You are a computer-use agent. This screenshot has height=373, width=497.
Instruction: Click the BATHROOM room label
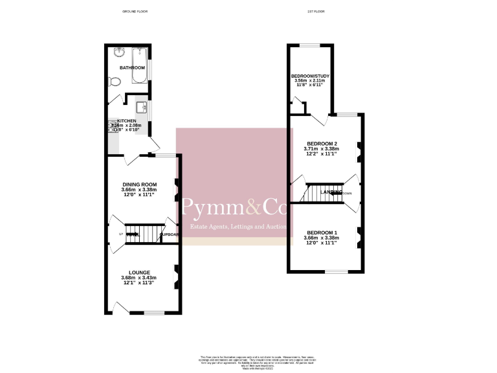131,67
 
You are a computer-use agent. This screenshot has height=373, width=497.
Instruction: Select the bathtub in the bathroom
140,65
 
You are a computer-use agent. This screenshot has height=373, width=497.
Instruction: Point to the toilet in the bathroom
115,82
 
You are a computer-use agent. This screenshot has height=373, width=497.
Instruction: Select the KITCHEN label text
127,121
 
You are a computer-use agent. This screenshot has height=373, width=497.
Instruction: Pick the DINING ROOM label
140,185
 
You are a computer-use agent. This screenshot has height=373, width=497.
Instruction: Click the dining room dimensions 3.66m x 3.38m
140,190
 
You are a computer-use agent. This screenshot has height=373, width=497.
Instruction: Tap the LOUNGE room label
139,272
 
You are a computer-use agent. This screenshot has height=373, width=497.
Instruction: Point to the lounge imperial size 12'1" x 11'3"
139,284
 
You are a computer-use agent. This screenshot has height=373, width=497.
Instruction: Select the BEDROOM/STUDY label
310,76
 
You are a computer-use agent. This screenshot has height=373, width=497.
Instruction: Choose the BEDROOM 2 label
322,143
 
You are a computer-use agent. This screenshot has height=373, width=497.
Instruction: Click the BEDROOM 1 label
322,232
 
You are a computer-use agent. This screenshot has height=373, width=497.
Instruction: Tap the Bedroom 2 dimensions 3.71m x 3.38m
322,149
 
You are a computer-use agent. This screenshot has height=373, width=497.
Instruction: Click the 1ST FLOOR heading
316,12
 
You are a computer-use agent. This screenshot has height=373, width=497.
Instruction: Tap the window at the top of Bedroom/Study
310,45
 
